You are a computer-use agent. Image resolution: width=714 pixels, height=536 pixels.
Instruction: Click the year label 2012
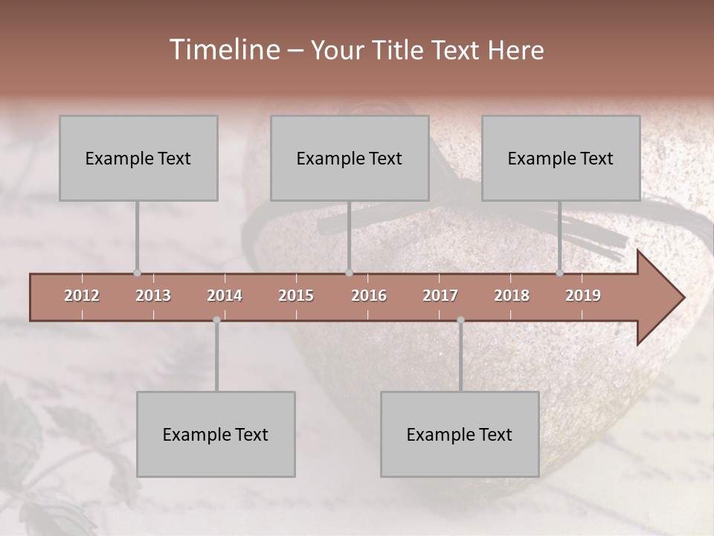(82, 296)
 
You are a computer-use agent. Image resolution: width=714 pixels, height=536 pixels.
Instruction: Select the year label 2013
(153, 296)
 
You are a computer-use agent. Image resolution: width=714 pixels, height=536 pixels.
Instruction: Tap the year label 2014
(225, 296)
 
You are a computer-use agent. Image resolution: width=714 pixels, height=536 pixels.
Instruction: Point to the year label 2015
(296, 296)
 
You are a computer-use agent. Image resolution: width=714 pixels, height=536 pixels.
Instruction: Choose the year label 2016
(369, 296)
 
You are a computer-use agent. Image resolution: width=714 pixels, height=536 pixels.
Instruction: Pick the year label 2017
(440, 296)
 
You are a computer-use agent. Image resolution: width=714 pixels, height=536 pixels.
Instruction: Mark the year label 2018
(512, 296)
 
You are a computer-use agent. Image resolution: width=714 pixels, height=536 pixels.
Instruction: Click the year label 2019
(583, 296)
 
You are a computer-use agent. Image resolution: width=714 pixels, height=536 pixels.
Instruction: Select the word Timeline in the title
(224, 50)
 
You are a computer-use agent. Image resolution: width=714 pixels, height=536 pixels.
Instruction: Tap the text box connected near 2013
(138, 158)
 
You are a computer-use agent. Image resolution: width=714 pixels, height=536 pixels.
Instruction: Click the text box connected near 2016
(350, 158)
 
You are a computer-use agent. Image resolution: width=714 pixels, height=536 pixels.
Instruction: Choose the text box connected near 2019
(561, 158)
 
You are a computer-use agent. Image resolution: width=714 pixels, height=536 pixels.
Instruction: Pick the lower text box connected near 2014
(216, 434)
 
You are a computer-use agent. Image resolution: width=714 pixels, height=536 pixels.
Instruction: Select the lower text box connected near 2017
(460, 434)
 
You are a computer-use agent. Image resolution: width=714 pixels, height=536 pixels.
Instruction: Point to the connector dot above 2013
(137, 273)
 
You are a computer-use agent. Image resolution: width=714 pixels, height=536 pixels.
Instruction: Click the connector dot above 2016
(349, 273)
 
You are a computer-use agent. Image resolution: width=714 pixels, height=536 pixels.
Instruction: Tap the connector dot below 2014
(216, 320)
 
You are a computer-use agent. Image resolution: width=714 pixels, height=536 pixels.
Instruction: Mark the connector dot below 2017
(460, 320)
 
